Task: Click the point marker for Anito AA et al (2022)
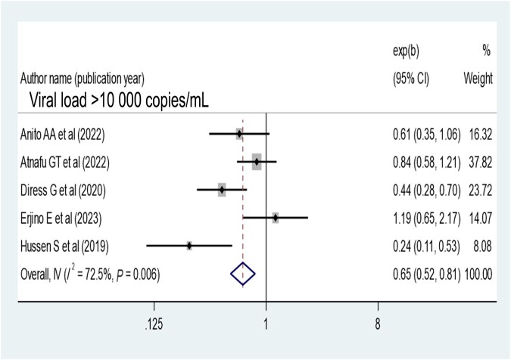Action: tap(239, 134)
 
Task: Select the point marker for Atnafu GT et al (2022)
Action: tap(257, 161)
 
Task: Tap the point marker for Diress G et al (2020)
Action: tap(222, 189)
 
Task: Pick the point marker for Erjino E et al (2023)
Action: tap(276, 217)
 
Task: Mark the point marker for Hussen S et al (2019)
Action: tap(189, 245)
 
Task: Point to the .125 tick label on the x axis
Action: tap(154, 323)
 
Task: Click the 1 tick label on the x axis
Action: tap(266, 323)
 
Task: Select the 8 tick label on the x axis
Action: tap(378, 323)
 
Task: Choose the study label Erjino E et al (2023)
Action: tap(61, 218)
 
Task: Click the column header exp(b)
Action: tap(405, 51)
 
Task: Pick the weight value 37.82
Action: tap(481, 162)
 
